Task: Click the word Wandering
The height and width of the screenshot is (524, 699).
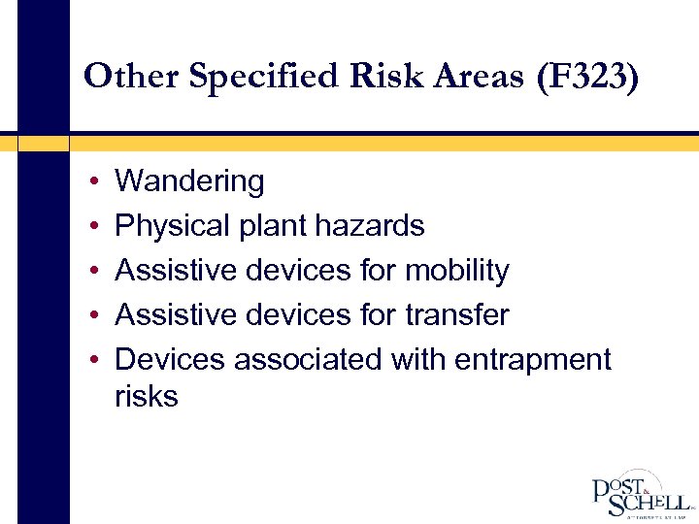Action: point(189,181)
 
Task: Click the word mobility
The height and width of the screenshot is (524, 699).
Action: point(456,271)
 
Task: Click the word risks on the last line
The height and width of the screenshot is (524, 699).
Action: point(147,396)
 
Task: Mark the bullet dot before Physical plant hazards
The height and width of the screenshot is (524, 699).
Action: point(89,227)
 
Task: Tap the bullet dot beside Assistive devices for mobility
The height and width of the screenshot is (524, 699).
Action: point(89,272)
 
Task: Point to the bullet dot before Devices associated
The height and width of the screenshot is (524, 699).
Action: point(89,360)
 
